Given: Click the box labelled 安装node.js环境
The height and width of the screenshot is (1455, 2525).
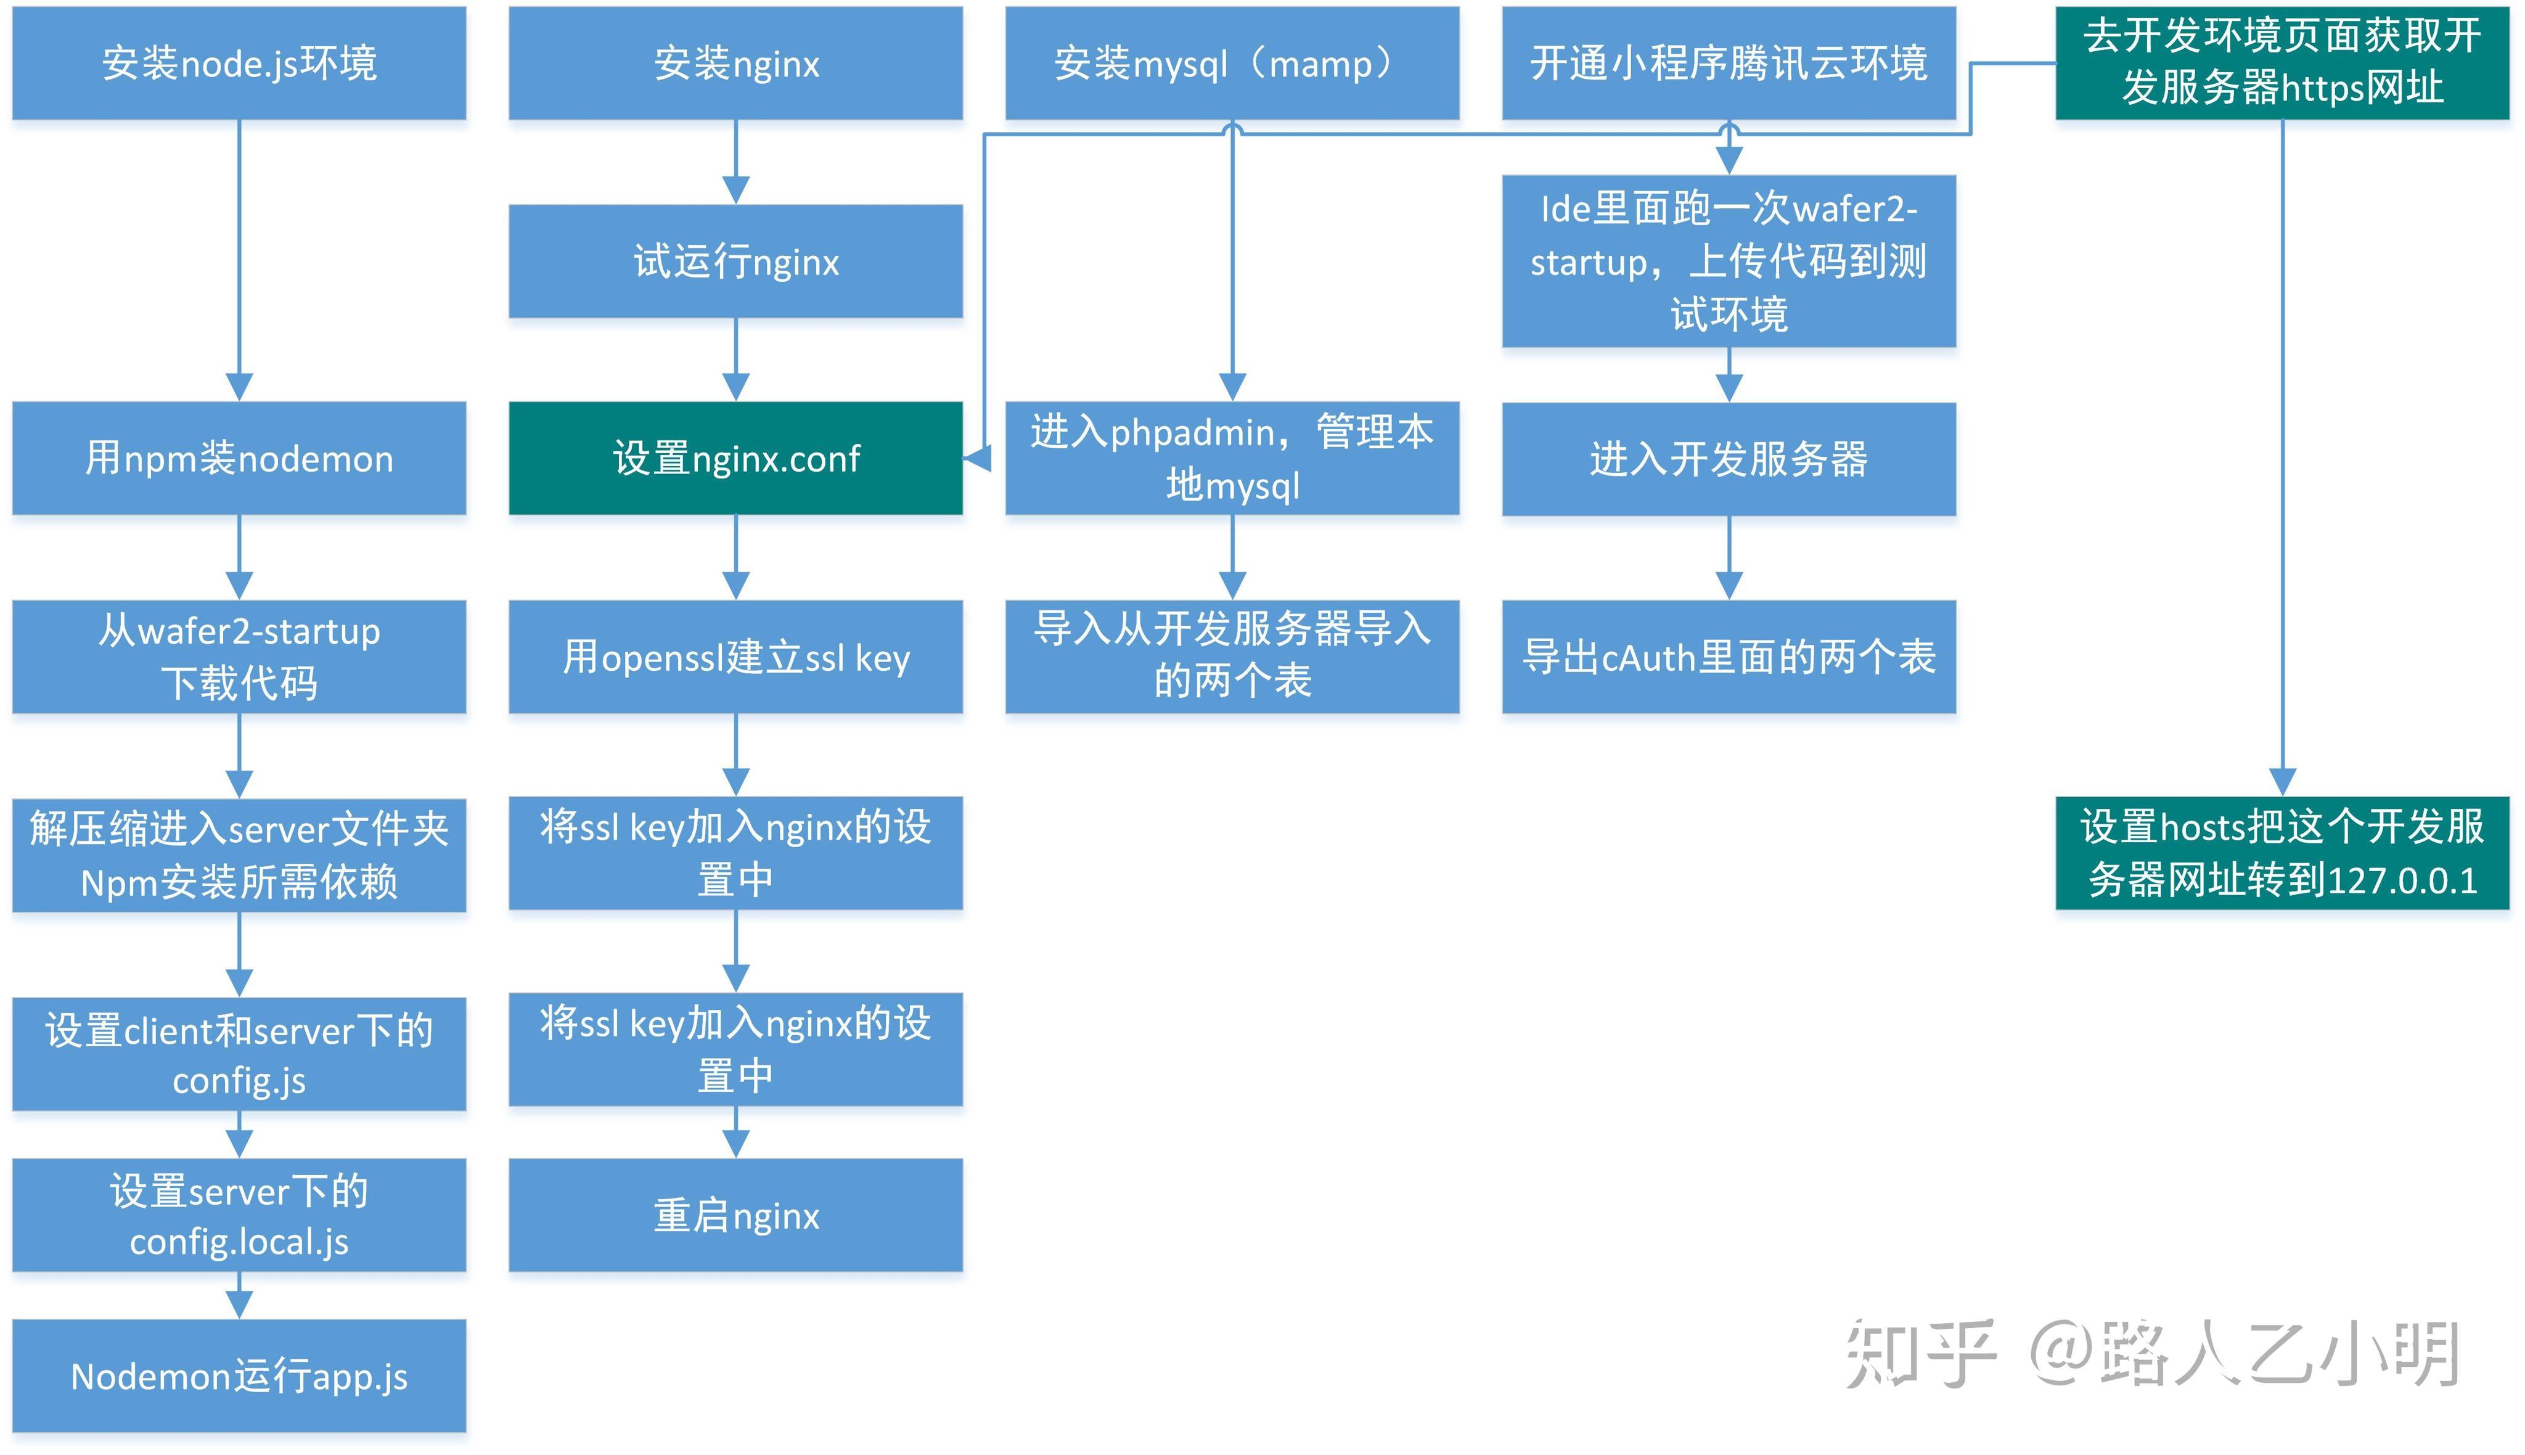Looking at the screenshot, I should point(239,63).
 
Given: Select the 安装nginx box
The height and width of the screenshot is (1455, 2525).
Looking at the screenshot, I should point(735,63).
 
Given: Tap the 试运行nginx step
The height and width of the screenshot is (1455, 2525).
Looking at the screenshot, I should point(735,261).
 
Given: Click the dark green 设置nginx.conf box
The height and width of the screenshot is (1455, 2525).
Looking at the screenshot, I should point(735,457).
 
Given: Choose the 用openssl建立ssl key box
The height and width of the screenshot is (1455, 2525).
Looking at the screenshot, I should point(735,657).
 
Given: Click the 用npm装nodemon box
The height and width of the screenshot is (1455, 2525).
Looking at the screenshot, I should point(239,457).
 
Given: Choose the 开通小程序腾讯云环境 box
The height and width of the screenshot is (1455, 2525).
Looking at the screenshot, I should point(1728,63).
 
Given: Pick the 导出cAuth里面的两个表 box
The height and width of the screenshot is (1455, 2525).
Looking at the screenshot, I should point(1728,657).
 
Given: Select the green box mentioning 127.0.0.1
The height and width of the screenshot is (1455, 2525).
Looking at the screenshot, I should point(2282,853).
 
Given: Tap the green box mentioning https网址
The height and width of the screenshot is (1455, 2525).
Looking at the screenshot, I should point(2282,63).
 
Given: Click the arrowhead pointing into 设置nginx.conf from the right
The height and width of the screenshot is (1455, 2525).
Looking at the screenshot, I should point(977,459).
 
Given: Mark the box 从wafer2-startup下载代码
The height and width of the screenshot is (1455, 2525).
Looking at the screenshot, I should point(239,657).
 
